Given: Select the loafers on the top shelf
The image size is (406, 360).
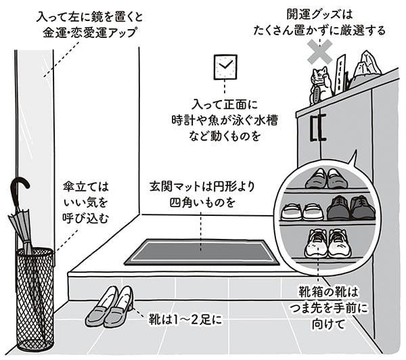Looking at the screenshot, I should pyautogui.click(x=326, y=179).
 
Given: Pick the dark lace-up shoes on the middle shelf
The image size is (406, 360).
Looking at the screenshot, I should pyautogui.click(x=351, y=208).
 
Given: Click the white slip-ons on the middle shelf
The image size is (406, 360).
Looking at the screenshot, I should pyautogui.click(x=302, y=211).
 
